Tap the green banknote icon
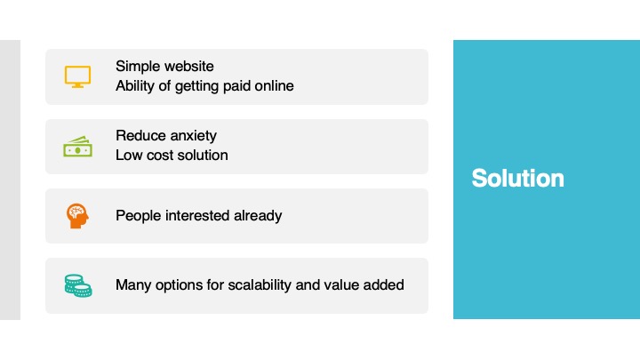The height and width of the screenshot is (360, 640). [x=77, y=147]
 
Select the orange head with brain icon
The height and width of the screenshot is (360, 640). [x=77, y=216]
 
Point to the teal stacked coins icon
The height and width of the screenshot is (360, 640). [x=78, y=285]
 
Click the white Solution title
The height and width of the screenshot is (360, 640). [x=517, y=179]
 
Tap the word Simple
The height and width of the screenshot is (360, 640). [x=135, y=67]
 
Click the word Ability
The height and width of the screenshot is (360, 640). [x=132, y=86]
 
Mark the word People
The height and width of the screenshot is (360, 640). [x=139, y=216]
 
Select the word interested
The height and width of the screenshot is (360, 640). [x=197, y=215]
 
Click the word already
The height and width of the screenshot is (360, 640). [x=258, y=216]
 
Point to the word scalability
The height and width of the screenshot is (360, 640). [x=260, y=285]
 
